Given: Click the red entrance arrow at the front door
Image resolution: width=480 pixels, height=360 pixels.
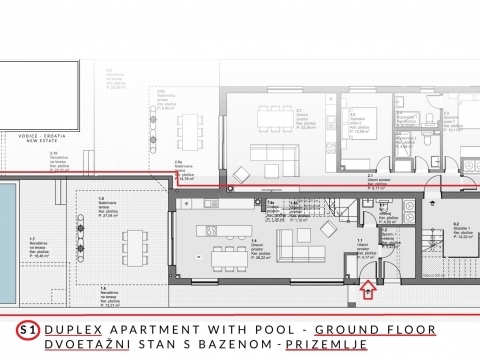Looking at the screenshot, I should pyautogui.click(x=367, y=291).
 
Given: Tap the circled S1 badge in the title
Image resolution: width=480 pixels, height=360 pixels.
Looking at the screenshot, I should pyautogui.click(x=30, y=329).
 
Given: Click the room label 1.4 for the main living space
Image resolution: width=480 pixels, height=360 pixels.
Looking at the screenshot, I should pyautogui.click(x=256, y=241).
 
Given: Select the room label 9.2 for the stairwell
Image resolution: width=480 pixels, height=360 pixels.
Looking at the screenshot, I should pyautogui.click(x=456, y=225).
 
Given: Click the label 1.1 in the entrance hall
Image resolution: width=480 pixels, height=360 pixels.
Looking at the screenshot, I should pyautogui.click(x=362, y=241).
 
